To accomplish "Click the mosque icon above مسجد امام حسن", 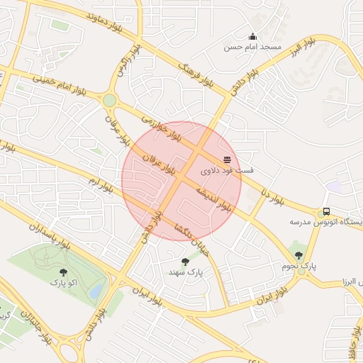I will (252, 37).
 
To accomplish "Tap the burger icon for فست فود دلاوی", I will (226, 160).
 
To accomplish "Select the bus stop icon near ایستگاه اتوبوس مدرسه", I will (326, 211).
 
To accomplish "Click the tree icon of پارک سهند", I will (185, 262).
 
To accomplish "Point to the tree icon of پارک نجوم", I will (298, 255).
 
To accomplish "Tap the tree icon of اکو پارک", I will (65, 272).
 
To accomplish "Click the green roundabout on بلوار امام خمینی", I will (109, 101).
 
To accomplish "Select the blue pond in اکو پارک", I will (96, 291).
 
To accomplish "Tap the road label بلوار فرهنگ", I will (196, 73).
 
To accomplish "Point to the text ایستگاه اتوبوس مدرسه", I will (327, 222).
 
